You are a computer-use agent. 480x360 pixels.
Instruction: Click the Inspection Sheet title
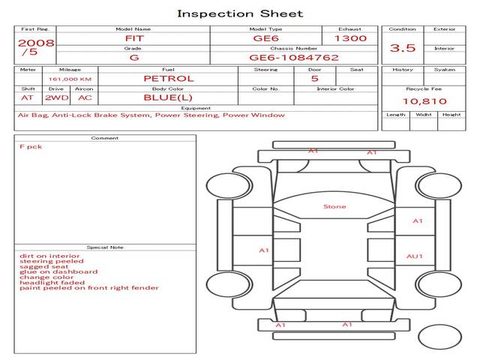(240, 13)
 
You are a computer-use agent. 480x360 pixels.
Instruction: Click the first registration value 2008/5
(36, 47)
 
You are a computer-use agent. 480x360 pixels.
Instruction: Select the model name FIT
(134, 38)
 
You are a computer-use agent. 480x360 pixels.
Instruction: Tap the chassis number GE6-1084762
(294, 58)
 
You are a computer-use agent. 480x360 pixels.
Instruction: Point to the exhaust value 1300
(350, 38)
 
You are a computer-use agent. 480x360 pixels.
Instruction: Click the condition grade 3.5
(403, 48)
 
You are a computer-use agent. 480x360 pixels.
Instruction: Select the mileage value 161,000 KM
(70, 79)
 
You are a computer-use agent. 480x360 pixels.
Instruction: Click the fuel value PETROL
(169, 79)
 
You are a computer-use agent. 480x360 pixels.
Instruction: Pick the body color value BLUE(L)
(168, 97)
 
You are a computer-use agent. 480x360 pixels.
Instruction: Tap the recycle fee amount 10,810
(424, 101)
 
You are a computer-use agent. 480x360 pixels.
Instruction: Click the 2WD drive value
(57, 98)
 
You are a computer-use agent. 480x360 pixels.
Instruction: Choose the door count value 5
(315, 79)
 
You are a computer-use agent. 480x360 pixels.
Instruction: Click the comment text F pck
(31, 147)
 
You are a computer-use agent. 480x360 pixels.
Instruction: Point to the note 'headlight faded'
(52, 283)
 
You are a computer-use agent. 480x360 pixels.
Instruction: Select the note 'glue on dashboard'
(58, 271)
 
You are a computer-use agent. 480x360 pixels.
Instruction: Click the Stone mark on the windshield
(334, 207)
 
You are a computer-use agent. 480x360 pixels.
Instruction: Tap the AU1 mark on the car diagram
(415, 256)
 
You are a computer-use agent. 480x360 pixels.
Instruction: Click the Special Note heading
(105, 247)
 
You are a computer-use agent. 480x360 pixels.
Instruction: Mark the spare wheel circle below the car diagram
(439, 337)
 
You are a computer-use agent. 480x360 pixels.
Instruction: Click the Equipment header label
(196, 108)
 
